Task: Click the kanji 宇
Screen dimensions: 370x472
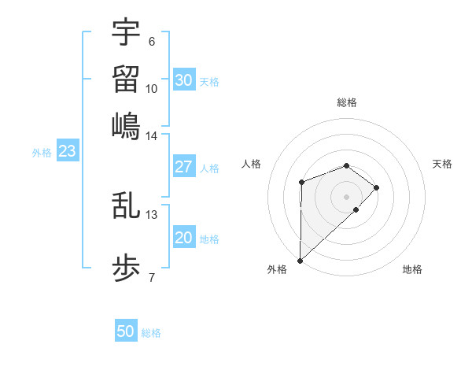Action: [x=126, y=32]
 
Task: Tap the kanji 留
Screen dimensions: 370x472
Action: [x=126, y=79]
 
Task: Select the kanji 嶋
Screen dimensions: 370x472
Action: [x=126, y=126]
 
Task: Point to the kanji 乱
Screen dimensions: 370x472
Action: [x=126, y=205]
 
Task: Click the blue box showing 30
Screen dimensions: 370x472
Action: [x=184, y=80]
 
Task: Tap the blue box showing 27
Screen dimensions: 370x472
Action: [x=184, y=167]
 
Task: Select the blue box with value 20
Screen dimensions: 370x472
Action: [x=184, y=238]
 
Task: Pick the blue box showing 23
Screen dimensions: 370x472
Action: [x=67, y=151]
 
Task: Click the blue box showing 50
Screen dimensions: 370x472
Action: [x=126, y=331]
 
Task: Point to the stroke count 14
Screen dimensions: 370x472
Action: [x=152, y=136]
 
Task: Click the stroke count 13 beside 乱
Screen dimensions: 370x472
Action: [x=152, y=214]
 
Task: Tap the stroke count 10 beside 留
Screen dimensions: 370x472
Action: [x=152, y=88]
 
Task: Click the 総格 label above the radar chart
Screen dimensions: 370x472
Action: [x=347, y=102]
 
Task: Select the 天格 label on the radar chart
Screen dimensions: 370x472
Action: [x=442, y=164]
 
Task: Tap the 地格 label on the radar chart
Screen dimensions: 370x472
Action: [x=412, y=269]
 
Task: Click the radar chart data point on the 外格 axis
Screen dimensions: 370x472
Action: [x=300, y=260]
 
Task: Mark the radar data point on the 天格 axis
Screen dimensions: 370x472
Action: [x=378, y=187]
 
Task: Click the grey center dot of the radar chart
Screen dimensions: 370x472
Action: [x=347, y=196]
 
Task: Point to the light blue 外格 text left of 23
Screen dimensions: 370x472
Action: [x=42, y=153]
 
